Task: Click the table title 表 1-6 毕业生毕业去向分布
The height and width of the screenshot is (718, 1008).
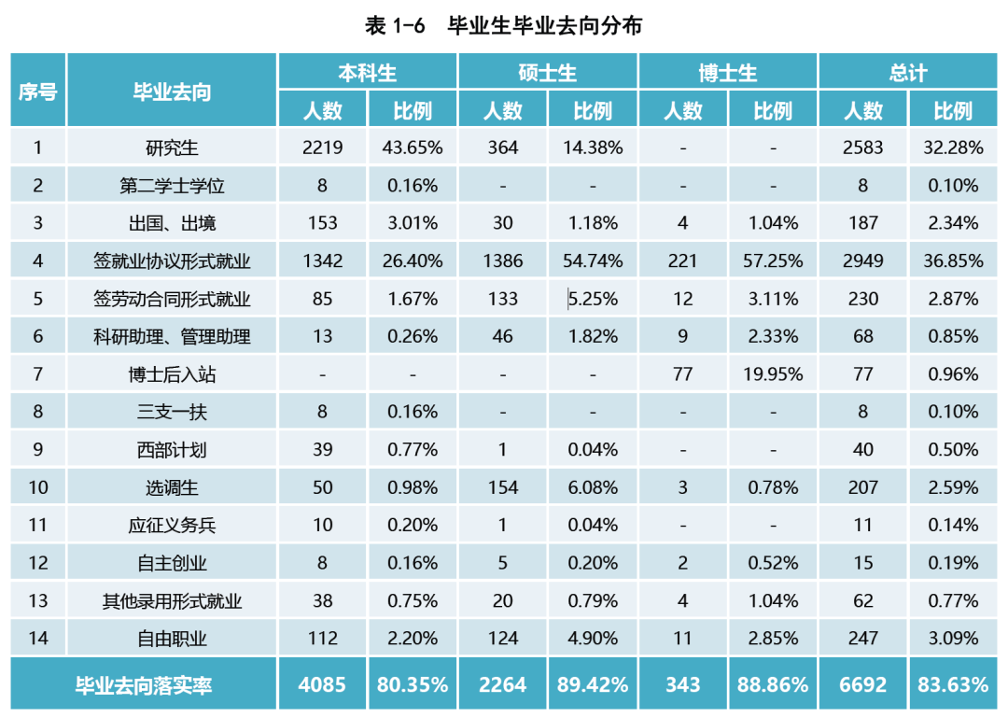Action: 504,25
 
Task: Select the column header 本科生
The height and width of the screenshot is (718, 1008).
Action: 367,73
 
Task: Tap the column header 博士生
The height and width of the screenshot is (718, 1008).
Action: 727,73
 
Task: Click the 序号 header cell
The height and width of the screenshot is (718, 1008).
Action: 38,92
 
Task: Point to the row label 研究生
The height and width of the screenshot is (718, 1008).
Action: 172,148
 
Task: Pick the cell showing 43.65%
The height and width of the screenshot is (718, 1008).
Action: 413,148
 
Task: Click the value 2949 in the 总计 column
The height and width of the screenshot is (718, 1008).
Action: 863,261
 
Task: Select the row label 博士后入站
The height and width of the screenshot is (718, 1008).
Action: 172,374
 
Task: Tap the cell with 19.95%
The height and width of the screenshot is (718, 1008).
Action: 773,374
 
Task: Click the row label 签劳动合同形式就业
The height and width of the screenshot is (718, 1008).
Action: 172,299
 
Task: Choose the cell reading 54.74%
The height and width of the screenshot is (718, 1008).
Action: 593,261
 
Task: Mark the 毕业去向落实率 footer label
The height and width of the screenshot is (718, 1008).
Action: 144,685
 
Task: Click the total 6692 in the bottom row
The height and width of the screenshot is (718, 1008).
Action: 863,685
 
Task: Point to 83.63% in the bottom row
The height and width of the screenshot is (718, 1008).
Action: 953,685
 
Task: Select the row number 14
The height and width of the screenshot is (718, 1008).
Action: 38,639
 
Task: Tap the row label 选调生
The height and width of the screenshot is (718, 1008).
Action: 172,487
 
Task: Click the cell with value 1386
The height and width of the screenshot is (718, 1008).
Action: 503,261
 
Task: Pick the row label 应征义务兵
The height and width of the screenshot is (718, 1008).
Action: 172,526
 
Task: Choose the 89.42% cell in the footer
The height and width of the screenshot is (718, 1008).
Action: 593,685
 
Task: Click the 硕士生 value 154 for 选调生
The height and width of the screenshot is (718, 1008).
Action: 503,487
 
